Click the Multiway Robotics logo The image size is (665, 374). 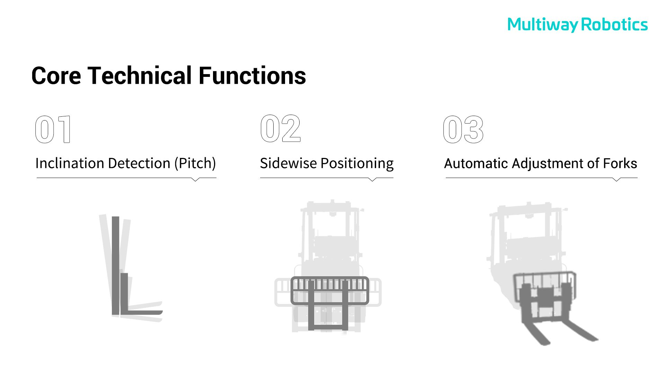[x=577, y=25]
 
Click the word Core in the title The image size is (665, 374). [x=56, y=75]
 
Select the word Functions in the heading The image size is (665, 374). [x=252, y=75]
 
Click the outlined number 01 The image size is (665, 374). [x=53, y=130]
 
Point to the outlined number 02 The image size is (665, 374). [x=281, y=128]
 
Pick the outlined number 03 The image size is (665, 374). [x=463, y=130]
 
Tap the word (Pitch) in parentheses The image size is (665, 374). [x=195, y=163]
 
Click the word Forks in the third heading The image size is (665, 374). [x=620, y=163]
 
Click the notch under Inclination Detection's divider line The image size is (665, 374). [x=195, y=179]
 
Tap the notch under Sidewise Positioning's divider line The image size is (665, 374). [x=372, y=179]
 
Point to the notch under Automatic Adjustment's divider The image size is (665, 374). [x=617, y=179]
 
